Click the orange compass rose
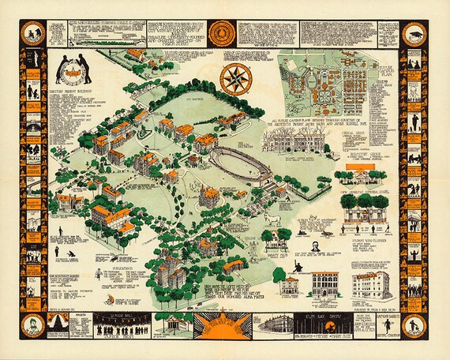tap(234, 79)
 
